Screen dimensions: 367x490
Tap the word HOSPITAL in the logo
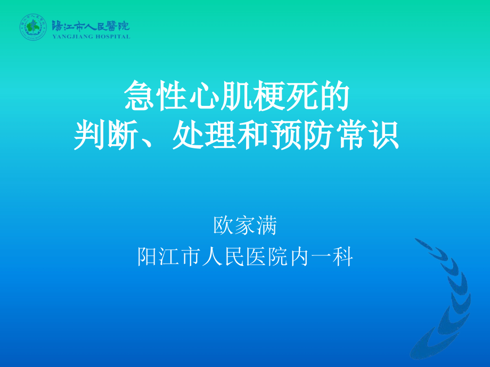pos(112,37)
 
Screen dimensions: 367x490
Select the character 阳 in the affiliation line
pos(148,257)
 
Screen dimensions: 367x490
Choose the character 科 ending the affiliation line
pos(344,257)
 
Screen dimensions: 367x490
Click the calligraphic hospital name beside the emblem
pos(91,26)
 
